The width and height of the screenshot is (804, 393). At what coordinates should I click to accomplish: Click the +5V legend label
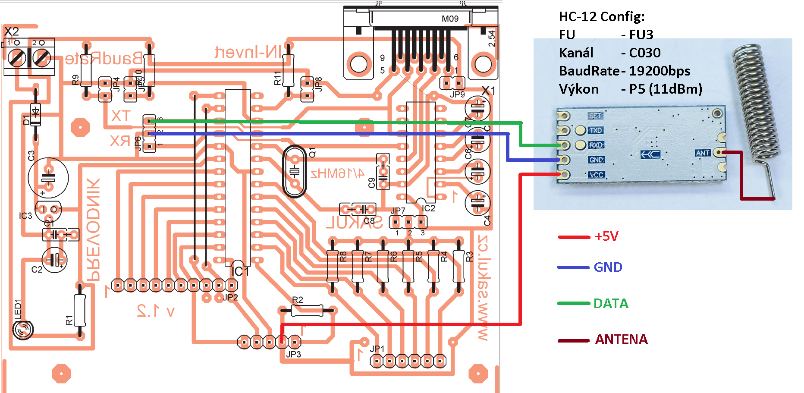pyautogui.click(x=606, y=236)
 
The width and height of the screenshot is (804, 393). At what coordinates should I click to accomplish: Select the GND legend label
pyautogui.click(x=608, y=267)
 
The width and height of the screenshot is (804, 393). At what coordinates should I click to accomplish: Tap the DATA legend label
pyautogui.click(x=611, y=304)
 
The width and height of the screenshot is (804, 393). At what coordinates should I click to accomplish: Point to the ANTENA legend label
pyautogui.click(x=621, y=340)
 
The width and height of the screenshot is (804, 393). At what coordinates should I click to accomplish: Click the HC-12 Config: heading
pyautogui.click(x=602, y=17)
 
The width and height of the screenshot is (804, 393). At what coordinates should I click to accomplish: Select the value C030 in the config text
pyautogui.click(x=645, y=53)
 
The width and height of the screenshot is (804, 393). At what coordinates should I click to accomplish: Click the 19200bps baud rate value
pyautogui.click(x=660, y=71)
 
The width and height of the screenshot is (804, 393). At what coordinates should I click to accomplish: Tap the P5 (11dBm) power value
pyautogui.click(x=666, y=89)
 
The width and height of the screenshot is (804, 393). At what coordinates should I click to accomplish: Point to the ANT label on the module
pyautogui.click(x=703, y=153)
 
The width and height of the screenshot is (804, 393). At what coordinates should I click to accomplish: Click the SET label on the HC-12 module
pyautogui.click(x=595, y=116)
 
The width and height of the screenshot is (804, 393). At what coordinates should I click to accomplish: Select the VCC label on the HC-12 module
pyautogui.click(x=597, y=175)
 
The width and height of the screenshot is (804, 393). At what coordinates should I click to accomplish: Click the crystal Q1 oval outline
pyautogui.click(x=295, y=171)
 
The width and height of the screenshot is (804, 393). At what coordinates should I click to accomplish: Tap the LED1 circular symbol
pyautogui.click(x=23, y=330)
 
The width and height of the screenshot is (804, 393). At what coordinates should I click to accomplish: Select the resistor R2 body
pyautogui.click(x=307, y=310)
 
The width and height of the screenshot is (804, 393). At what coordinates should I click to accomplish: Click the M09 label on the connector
pyautogui.click(x=450, y=19)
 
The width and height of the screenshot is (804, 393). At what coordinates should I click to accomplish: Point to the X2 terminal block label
pyautogui.click(x=12, y=31)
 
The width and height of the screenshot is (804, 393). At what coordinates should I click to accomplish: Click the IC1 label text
pyautogui.click(x=240, y=271)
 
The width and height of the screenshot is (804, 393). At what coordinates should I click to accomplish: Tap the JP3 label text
pyautogui.click(x=294, y=354)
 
